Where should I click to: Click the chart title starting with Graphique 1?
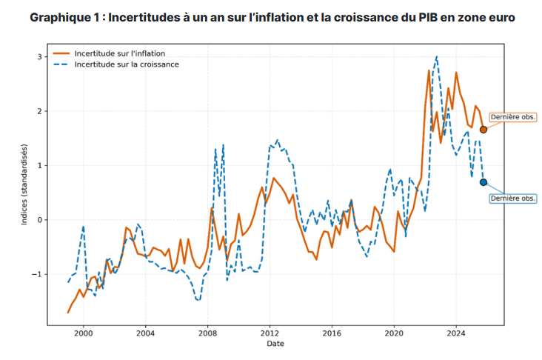[x=272, y=17]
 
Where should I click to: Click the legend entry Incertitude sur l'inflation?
[x=119, y=54]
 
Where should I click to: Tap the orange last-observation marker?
[x=484, y=130]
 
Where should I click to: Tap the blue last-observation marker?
[x=484, y=182]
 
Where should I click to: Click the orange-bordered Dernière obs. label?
[x=513, y=117]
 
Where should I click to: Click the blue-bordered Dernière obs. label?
[x=513, y=199]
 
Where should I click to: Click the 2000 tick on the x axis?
[x=83, y=333]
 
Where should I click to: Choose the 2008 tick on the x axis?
[x=207, y=333]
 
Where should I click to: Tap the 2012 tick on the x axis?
[x=270, y=333]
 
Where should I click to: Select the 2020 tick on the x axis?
[x=394, y=333]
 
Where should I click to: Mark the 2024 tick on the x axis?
[x=456, y=333]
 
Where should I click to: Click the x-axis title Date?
[x=275, y=344]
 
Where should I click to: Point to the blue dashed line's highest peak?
[x=437, y=56]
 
